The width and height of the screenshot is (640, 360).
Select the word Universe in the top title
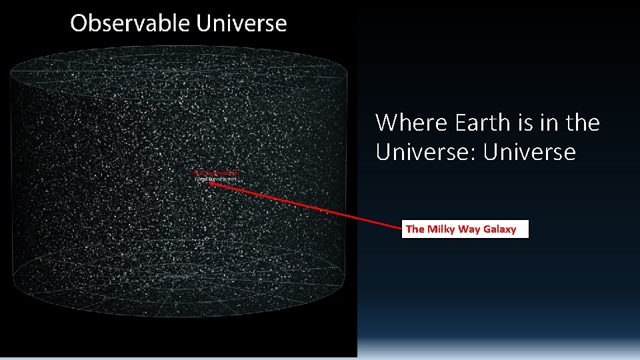(241, 23)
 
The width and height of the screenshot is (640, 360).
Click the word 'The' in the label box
(415, 229)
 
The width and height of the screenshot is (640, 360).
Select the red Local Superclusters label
(217, 173)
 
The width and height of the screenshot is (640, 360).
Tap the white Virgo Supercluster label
(215, 179)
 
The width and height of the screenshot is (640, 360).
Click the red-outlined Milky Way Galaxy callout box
(466, 229)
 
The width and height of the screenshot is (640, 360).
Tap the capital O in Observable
(79, 23)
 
